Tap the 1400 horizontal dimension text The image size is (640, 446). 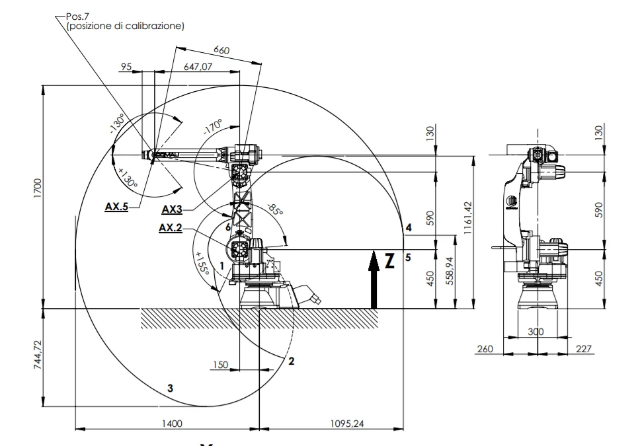click(x=169, y=423)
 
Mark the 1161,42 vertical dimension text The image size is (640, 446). click(x=467, y=204)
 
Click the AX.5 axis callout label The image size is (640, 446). click(x=117, y=206)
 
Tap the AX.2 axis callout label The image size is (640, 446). click(x=171, y=228)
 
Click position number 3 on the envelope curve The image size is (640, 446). click(x=171, y=388)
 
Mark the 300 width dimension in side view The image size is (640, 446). click(x=537, y=332)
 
